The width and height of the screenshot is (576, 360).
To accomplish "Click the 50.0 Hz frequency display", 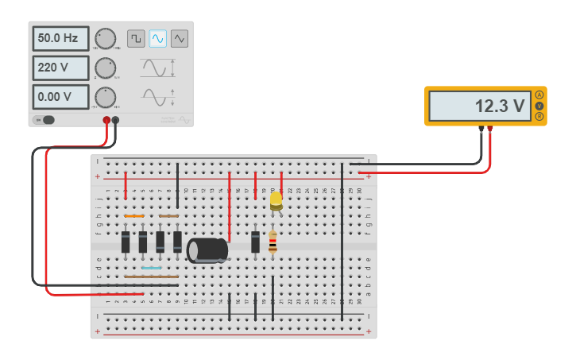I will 60,38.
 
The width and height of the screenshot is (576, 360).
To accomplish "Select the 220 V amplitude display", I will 60,68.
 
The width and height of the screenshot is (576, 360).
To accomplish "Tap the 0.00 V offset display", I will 60,97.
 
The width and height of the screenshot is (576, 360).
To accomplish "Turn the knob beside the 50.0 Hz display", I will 105,38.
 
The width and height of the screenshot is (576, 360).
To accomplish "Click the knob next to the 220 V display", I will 105,68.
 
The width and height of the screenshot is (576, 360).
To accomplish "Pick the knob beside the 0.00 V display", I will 105,97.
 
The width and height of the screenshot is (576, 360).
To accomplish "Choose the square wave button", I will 136,38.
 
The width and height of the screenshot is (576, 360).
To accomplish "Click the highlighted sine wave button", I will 158,38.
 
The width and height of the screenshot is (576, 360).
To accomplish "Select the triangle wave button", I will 180,38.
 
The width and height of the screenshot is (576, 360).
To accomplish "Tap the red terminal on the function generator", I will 106,121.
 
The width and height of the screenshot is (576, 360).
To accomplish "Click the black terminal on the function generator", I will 116,121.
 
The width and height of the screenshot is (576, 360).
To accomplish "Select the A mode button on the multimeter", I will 539,95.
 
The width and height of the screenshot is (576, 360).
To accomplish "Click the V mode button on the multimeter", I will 539,106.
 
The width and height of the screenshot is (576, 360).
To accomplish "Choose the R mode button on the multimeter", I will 539,117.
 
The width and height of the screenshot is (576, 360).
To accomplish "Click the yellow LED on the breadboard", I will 276,200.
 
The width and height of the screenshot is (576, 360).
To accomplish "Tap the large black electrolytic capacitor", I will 207,250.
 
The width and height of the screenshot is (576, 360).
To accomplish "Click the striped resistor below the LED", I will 273,242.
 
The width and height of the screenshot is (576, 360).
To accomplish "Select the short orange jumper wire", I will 133,215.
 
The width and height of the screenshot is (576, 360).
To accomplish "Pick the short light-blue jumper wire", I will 151,268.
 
